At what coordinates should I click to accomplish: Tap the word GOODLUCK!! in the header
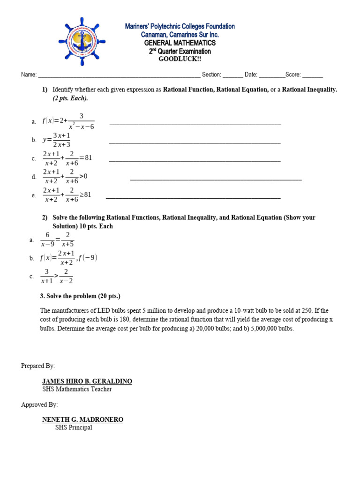(180, 59)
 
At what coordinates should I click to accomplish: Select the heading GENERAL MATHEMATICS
(180, 43)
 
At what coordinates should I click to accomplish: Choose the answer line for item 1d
(216, 180)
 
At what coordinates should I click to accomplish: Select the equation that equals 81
(67, 158)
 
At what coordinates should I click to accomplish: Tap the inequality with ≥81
(67, 195)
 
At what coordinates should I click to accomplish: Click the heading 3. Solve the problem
(80, 296)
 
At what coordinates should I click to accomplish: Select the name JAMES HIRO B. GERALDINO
(87, 382)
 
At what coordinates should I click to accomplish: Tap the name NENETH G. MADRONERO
(82, 420)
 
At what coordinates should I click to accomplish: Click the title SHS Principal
(74, 427)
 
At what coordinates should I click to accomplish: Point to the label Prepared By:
(38, 366)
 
